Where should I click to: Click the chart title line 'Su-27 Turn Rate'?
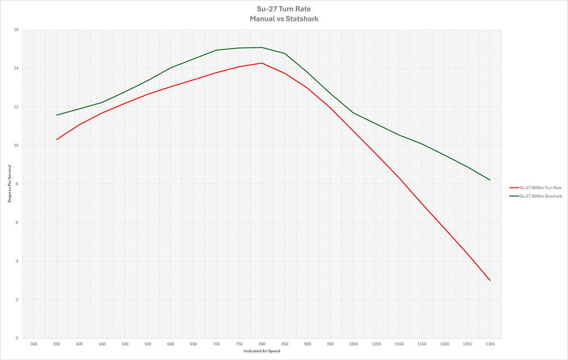tap(283, 9)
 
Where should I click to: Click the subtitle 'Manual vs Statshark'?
tap(283, 19)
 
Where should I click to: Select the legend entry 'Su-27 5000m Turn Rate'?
tap(541, 187)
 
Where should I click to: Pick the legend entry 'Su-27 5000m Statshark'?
tap(541, 196)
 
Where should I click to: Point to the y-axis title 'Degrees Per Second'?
tap(9, 184)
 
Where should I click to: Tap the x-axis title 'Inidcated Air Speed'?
tap(262, 351)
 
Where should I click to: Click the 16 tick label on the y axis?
tap(16, 30)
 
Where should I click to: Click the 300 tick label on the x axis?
tap(34, 344)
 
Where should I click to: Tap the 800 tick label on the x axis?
tap(262, 344)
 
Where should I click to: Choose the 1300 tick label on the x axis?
tap(490, 344)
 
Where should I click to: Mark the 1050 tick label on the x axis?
tap(376, 344)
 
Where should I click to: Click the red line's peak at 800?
tap(262, 63)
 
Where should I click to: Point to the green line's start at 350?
tap(56, 115)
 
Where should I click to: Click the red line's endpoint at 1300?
tap(490, 281)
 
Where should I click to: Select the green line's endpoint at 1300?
tap(490, 180)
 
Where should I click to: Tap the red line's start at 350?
tap(56, 140)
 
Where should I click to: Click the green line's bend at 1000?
tap(353, 113)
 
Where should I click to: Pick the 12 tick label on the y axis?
tap(16, 107)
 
